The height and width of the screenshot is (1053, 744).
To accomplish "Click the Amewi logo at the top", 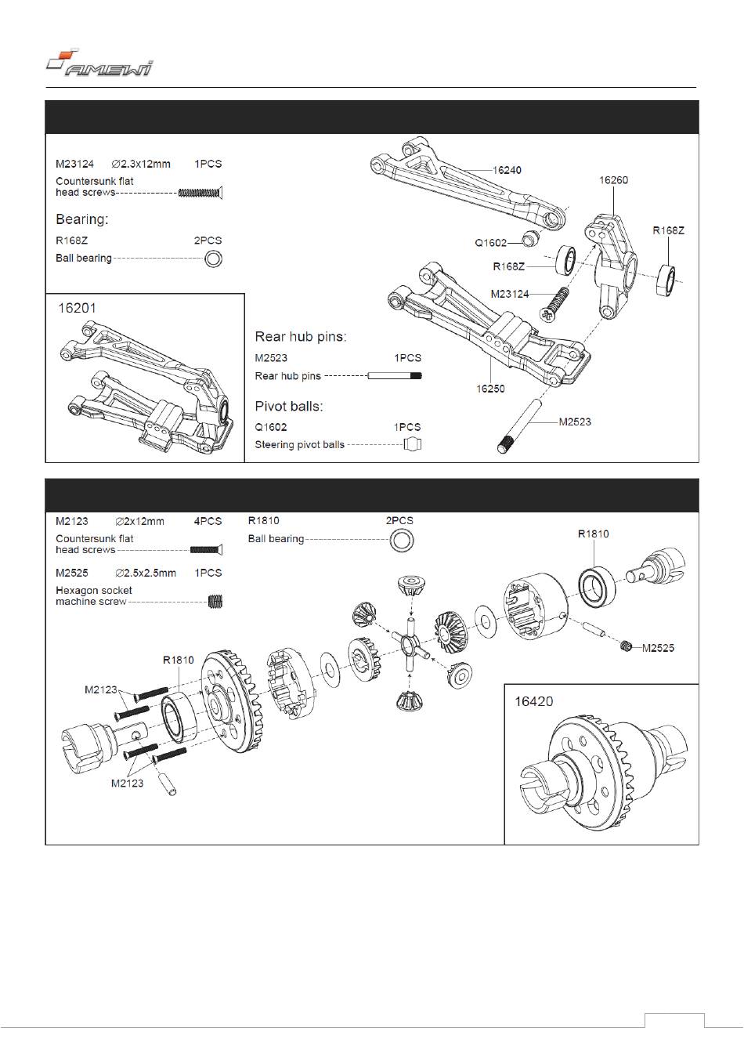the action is click(99, 63).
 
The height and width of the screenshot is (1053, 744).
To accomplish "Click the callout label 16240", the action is click(507, 170).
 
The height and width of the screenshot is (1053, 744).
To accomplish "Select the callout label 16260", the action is click(613, 180).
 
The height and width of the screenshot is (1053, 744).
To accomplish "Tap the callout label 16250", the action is click(490, 389).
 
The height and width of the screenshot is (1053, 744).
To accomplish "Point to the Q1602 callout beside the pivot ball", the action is click(491, 243).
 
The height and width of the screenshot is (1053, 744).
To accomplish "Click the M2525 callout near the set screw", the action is click(658, 648).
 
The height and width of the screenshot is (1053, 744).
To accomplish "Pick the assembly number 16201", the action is click(77, 309).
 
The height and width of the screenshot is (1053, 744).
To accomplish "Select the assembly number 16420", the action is click(534, 701).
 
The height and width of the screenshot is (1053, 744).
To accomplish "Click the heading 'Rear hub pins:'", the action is click(300, 337).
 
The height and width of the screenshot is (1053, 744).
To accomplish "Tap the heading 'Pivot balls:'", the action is click(289, 406).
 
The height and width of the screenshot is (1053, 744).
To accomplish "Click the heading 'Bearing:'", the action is click(81, 219).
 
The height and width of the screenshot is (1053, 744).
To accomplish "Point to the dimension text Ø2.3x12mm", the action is click(141, 164).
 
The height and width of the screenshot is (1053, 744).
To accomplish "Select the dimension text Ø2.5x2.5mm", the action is click(146, 573).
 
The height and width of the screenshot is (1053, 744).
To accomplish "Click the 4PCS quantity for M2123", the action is click(208, 521).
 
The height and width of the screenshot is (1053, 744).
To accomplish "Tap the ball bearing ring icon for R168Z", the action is click(213, 259).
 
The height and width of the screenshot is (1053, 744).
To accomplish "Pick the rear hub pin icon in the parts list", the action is click(395, 375).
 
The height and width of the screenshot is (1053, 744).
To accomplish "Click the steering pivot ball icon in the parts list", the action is click(413, 444).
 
